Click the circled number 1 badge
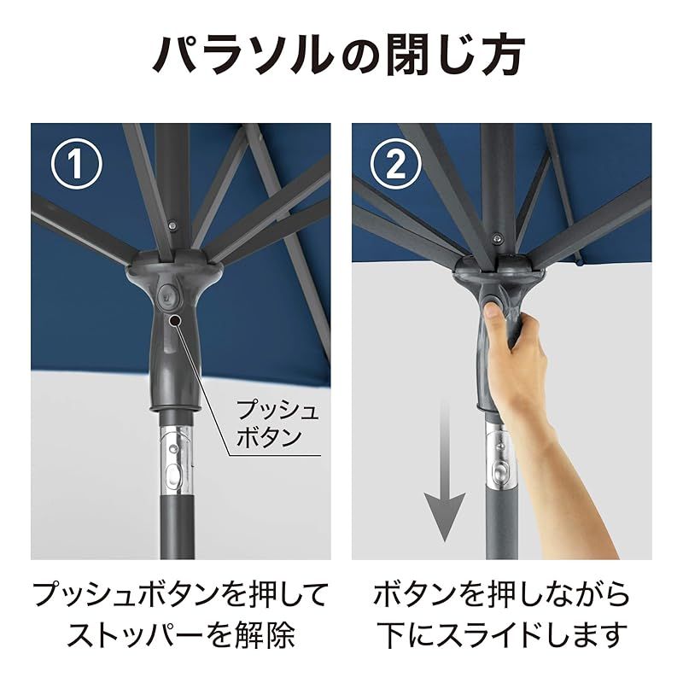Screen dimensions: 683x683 point(77,164)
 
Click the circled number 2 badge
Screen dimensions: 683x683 point(396,164)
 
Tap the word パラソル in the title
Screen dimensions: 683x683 point(242,55)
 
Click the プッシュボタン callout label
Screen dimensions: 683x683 point(277,423)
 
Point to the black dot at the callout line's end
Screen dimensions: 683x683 point(175,321)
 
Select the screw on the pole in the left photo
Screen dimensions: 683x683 point(172,225)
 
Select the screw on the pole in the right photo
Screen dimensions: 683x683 point(496,238)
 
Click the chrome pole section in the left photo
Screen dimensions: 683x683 point(176,460)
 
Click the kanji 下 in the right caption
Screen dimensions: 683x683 point(391,635)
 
